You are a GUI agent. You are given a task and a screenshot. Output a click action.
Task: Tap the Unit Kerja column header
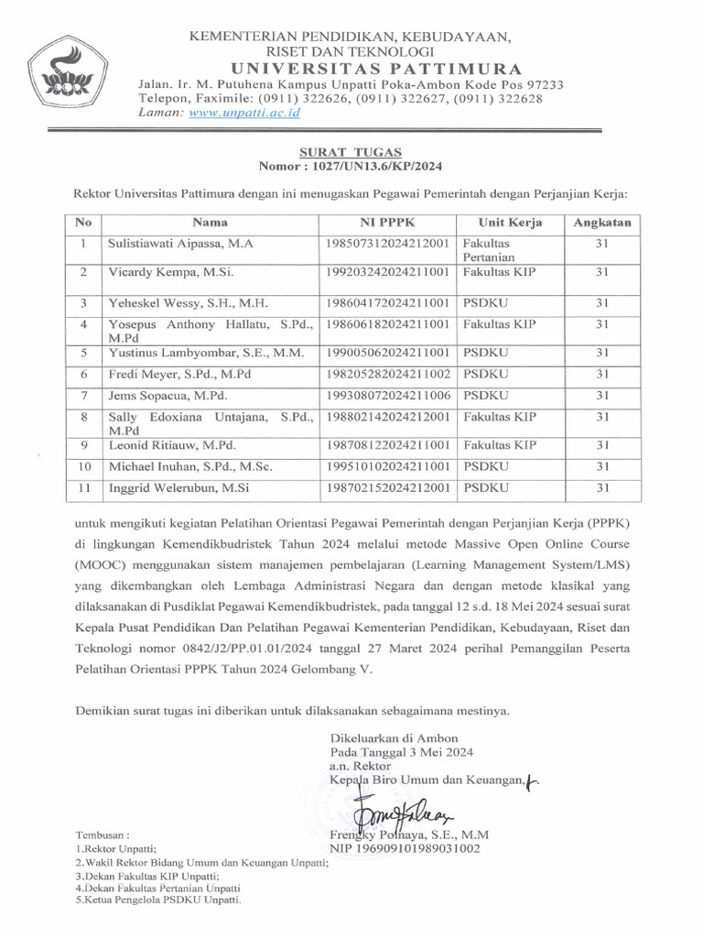[510, 222]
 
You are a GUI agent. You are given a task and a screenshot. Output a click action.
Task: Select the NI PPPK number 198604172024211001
[387, 301]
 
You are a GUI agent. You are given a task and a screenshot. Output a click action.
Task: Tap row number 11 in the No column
[83, 488]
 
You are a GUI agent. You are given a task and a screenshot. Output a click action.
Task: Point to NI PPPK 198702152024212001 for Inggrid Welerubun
[387, 488]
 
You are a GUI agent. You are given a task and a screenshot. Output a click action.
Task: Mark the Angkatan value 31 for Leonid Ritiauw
[602, 445]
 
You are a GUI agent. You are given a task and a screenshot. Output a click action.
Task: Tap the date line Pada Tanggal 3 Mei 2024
[402, 751]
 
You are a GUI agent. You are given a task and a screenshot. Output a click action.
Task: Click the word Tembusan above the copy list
[103, 835]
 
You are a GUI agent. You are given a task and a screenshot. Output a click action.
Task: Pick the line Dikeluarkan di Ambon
[386, 736]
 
